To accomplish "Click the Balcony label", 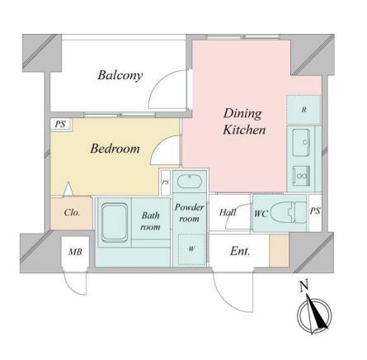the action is click(x=120, y=75).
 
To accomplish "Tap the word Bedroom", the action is click(x=115, y=149).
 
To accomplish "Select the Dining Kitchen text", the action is click(x=244, y=121).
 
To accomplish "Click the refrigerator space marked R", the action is click(x=303, y=110).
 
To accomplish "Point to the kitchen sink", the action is click(x=301, y=142).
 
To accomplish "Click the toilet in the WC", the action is click(x=289, y=212).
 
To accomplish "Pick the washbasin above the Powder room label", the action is click(x=190, y=182).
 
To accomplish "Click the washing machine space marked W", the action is click(x=191, y=249).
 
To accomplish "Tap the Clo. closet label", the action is click(x=72, y=212).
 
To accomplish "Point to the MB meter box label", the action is click(x=75, y=252).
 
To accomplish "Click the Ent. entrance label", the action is click(x=240, y=251).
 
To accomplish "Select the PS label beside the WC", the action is click(x=315, y=211).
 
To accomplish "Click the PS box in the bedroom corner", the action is click(x=61, y=124).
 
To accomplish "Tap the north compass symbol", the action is click(x=315, y=315).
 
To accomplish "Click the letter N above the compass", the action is click(x=303, y=286).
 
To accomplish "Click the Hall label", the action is click(x=228, y=212).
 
